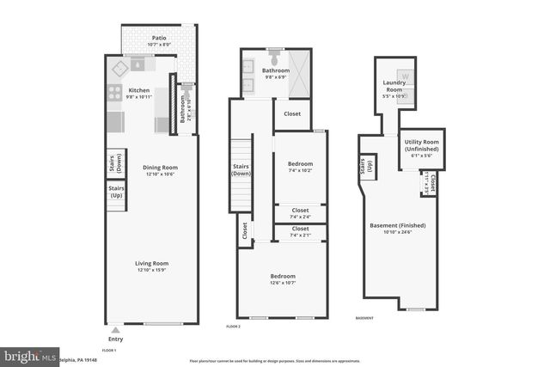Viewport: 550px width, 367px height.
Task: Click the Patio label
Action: tap(159, 38)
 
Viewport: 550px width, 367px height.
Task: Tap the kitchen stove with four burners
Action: tap(113, 95)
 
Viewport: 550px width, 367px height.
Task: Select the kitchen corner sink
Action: tap(139, 64)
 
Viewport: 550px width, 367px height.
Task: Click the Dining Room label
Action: tap(160, 167)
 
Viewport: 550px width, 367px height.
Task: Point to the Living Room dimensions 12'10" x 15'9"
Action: tap(151, 271)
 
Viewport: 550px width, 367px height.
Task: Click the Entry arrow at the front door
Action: tap(115, 330)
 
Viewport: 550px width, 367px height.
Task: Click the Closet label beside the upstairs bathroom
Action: tap(292, 113)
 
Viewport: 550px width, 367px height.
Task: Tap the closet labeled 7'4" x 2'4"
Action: tap(300, 213)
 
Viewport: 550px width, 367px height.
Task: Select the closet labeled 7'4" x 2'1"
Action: tap(300, 232)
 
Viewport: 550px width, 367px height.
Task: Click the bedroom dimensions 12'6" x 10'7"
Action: tap(283, 282)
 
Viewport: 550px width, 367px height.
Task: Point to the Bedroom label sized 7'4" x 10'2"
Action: tap(300, 162)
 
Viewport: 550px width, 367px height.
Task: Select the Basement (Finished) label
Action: tap(398, 225)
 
